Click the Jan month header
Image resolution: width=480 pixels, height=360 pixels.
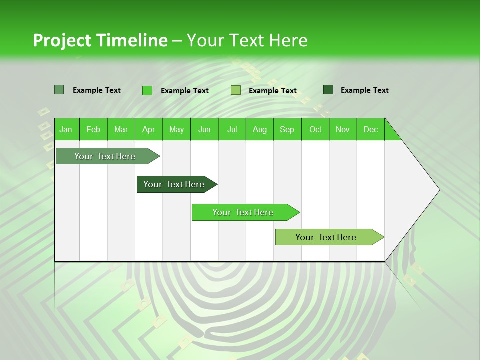click(x=66, y=129)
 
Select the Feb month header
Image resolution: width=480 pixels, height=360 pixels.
click(x=93, y=129)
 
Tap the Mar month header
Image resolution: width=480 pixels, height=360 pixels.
click(x=121, y=129)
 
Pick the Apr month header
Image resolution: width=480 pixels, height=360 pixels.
click(x=149, y=129)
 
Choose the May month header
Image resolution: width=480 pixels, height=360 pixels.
click(x=176, y=129)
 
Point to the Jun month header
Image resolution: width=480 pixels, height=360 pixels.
click(x=204, y=129)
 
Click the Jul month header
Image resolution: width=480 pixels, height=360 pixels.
click(x=232, y=129)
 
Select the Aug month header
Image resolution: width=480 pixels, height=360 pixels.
click(x=260, y=129)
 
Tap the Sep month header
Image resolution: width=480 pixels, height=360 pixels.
click(x=287, y=129)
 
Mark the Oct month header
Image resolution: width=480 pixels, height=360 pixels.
click(x=315, y=129)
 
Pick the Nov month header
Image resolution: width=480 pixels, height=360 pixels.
click(x=343, y=129)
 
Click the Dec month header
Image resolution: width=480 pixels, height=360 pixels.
click(x=370, y=129)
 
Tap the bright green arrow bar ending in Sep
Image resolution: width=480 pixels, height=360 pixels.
click(x=243, y=212)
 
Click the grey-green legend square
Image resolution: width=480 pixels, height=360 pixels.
click(x=59, y=90)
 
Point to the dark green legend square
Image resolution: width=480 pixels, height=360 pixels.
click(x=328, y=90)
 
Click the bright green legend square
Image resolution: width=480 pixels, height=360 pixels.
click(x=147, y=90)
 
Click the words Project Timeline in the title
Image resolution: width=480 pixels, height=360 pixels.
click(x=100, y=40)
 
